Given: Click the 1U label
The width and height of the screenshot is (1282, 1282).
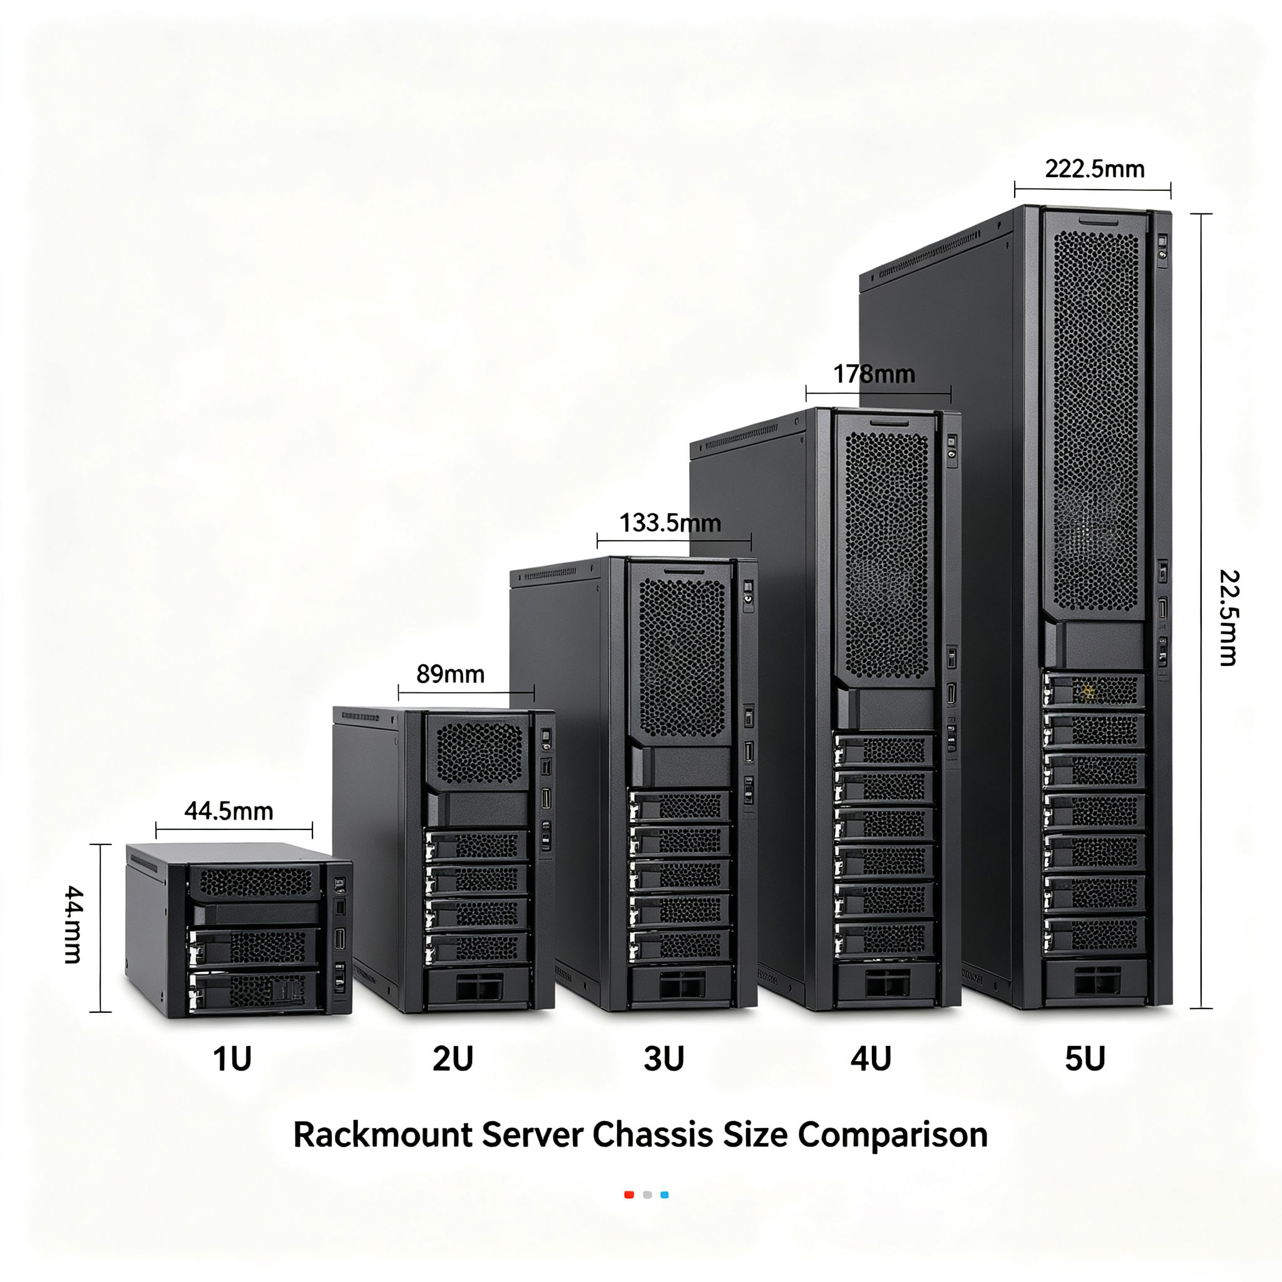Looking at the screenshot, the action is click(232, 1059).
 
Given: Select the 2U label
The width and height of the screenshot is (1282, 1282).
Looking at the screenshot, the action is click(453, 1059).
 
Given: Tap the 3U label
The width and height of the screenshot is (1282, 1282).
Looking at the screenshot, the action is click(664, 1059).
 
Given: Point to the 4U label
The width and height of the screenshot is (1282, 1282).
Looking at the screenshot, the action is click(871, 1059).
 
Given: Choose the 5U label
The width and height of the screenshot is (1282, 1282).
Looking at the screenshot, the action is click(1085, 1059).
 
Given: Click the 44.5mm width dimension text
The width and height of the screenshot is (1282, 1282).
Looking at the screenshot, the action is click(229, 811).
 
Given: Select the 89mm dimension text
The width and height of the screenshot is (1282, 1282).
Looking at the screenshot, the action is click(451, 674).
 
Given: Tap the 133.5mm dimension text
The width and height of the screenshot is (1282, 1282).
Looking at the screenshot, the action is click(670, 523).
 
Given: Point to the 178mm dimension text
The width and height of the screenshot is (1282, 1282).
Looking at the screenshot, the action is click(874, 374).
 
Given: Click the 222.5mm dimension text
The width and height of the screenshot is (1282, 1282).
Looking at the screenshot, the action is click(1095, 168).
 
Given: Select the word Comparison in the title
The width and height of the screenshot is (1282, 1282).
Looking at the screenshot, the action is click(893, 1136).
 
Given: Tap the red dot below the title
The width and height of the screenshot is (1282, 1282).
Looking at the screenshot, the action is click(629, 1195).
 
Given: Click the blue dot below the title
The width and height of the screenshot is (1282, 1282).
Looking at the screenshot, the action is click(665, 1195).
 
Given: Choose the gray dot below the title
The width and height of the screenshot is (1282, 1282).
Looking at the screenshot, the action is click(647, 1195).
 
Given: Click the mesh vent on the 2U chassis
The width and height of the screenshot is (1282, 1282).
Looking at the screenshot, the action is click(479, 752).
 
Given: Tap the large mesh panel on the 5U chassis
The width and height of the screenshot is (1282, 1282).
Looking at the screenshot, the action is click(1096, 421).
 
